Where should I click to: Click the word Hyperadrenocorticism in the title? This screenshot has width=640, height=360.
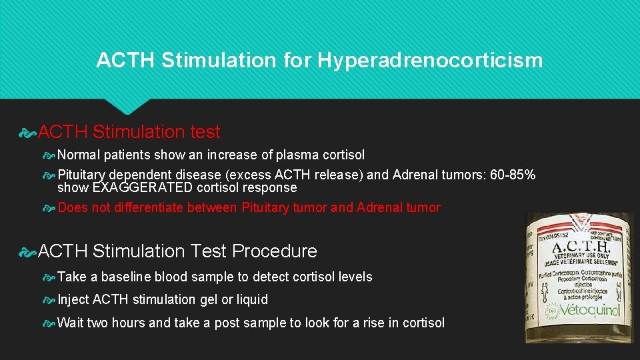[430, 61]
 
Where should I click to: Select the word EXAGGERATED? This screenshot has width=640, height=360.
[141, 187]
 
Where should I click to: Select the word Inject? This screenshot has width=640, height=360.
[73, 299]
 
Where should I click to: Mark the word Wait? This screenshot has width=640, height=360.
[71, 323]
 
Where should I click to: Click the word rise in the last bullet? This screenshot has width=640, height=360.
[362, 323]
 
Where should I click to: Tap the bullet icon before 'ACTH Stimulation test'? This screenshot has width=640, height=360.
[29, 133]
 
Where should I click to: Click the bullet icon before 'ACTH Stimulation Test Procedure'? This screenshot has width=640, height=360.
[29, 251]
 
